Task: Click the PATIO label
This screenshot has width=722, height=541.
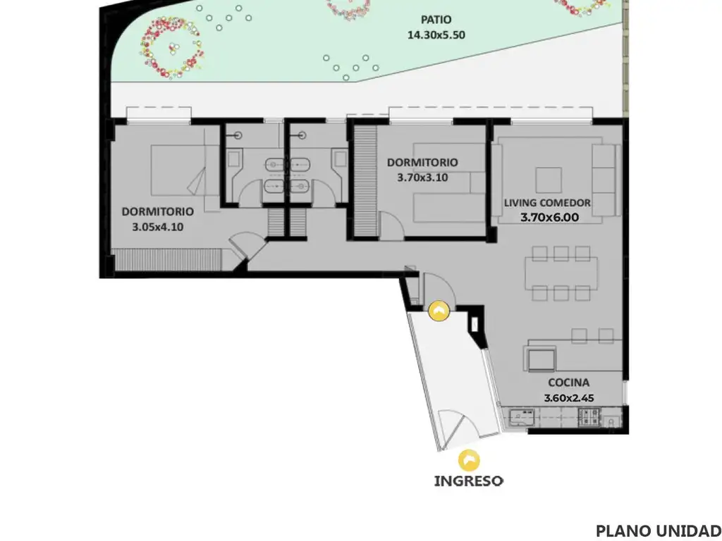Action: click(x=436, y=20)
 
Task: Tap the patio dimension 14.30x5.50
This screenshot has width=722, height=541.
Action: click(x=436, y=35)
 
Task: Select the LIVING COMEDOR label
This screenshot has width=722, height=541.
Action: click(x=547, y=203)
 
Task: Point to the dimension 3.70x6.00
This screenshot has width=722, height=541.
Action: click(x=549, y=218)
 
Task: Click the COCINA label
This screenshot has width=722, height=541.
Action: click(x=569, y=383)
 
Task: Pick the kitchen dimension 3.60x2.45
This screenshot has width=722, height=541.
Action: click(x=569, y=398)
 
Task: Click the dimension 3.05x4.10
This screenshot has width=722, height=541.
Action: click(x=157, y=227)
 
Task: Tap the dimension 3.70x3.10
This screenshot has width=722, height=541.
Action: click(x=422, y=178)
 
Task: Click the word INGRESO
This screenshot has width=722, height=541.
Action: click(x=469, y=481)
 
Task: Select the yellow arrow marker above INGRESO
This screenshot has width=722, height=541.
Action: click(x=469, y=461)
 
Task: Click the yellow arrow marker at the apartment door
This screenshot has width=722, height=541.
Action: click(x=439, y=311)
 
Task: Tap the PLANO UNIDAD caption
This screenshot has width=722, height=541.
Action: click(x=659, y=530)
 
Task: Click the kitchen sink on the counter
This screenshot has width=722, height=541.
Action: click(x=522, y=416)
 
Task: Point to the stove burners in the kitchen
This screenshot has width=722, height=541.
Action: click(x=589, y=416)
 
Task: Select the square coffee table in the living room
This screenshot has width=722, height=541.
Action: click(x=549, y=180)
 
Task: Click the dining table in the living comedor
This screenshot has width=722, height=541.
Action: click(x=561, y=273)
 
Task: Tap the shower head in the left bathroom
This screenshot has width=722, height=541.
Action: click(x=238, y=135)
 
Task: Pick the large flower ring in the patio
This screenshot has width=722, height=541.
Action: click(x=171, y=49)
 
